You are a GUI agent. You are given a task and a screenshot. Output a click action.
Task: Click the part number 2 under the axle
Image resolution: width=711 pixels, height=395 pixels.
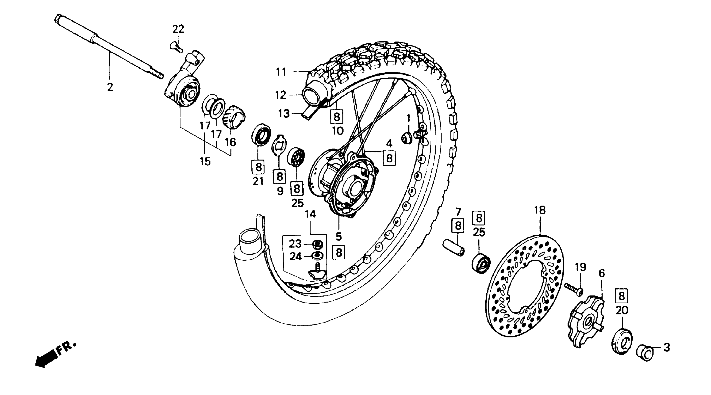(x=110, y=87)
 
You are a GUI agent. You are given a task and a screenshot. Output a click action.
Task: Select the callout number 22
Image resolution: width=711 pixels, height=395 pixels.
(x=178, y=29)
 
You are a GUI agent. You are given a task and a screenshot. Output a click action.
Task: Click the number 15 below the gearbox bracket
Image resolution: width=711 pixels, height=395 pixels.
(x=205, y=161)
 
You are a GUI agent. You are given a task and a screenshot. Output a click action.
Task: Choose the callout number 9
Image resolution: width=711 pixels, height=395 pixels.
(x=280, y=191)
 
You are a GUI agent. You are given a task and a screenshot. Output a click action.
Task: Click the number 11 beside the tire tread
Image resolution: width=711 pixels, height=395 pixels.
(x=281, y=72)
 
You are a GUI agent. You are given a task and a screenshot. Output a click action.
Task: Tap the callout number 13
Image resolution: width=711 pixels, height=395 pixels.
(x=284, y=113)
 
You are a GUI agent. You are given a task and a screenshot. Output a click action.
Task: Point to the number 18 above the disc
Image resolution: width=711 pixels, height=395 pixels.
(x=540, y=210)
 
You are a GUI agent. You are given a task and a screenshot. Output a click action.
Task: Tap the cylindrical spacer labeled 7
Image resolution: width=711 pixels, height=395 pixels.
(x=454, y=248)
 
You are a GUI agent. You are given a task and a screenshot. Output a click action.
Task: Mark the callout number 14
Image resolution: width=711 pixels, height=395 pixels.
(x=310, y=214)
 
